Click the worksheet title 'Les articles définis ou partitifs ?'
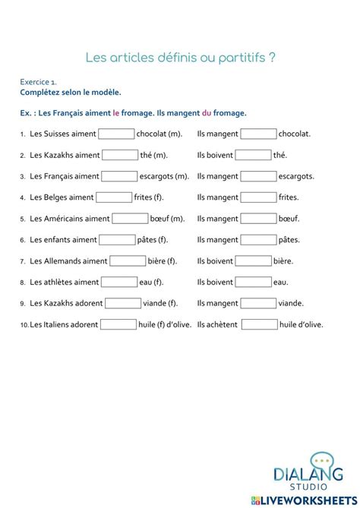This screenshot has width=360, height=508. [x=180, y=58]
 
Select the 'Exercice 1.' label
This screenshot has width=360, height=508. [x=38, y=82]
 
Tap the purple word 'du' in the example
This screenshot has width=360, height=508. [x=206, y=113]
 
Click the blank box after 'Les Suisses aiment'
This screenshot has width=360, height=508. [x=116, y=134]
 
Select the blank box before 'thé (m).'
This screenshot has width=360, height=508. [x=120, y=155]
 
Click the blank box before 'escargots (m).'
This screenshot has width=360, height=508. [x=119, y=176]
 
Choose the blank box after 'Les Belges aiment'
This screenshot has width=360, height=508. [x=114, y=197]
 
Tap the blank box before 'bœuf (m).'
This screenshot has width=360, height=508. [x=130, y=219]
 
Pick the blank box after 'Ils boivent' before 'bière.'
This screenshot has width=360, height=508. [x=254, y=261]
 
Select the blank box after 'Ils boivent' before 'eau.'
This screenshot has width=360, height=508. [x=254, y=282]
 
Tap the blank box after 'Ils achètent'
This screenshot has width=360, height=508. [x=260, y=324]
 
